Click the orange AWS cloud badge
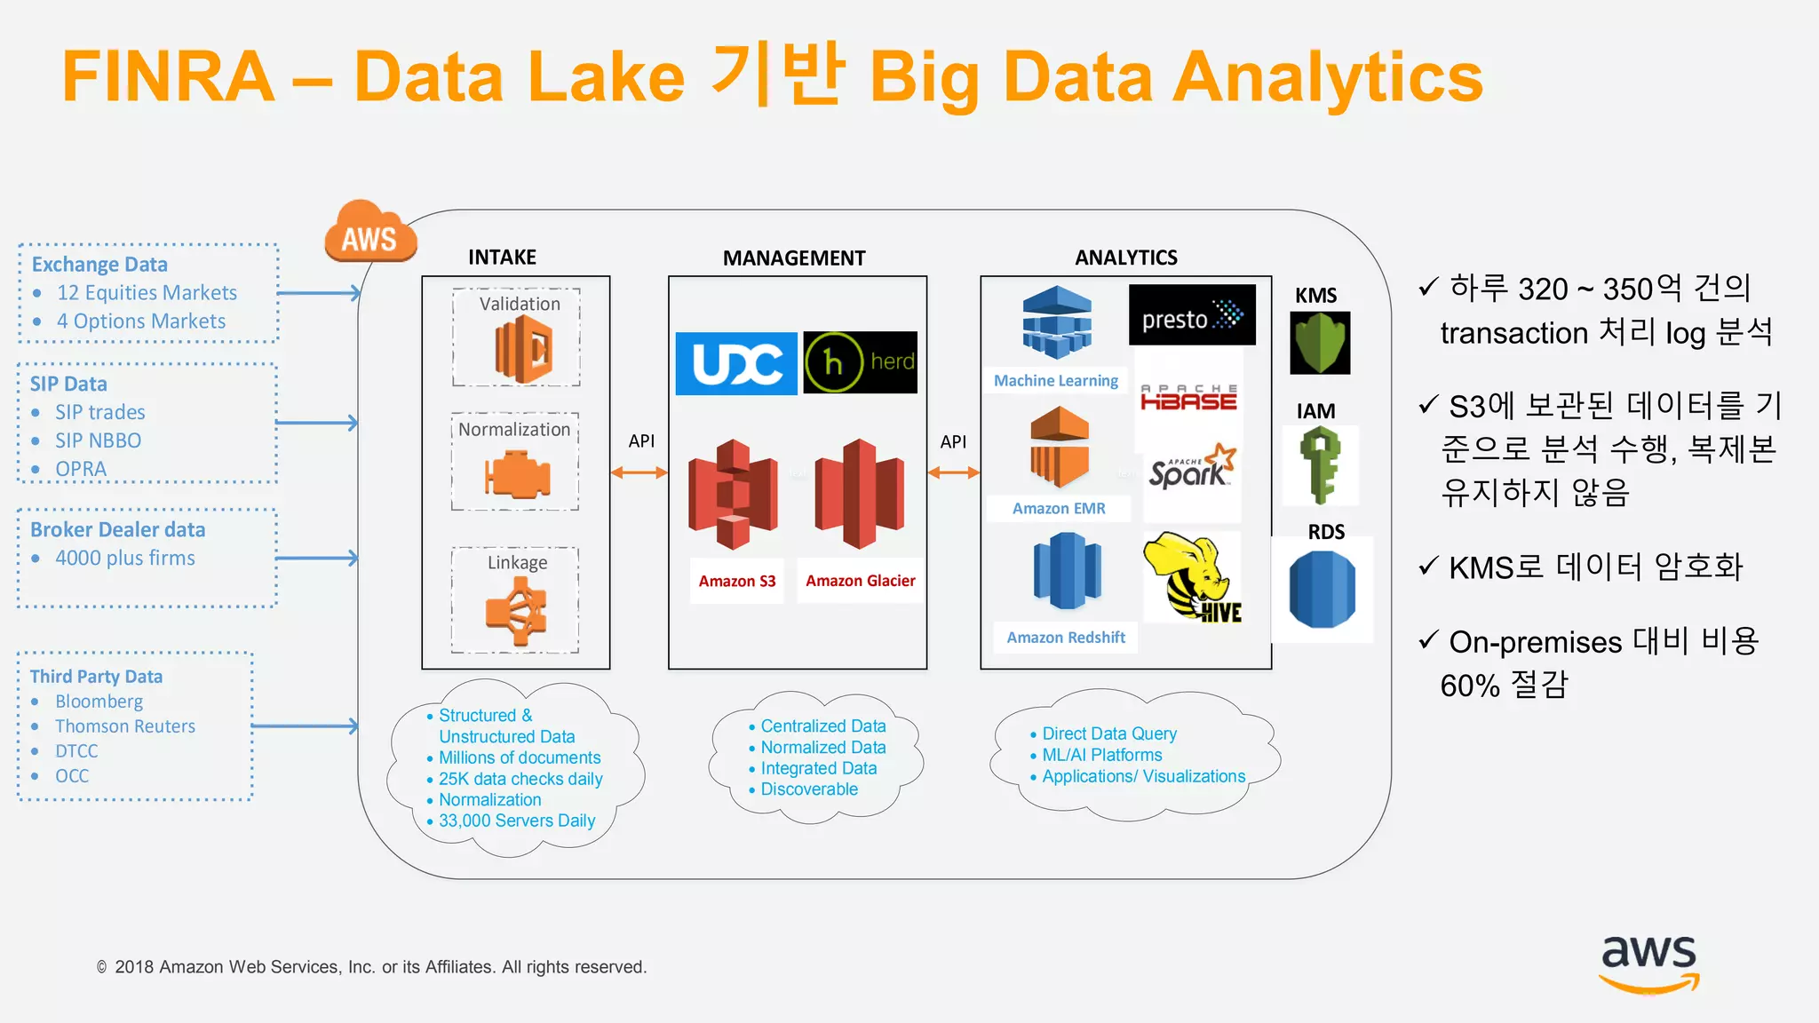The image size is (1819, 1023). tap(370, 233)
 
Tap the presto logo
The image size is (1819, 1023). tap(1192, 315)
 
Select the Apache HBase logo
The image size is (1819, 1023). tap(1188, 398)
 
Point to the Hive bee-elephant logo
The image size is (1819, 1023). tap(1191, 577)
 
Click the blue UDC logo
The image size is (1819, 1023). tap(736, 363)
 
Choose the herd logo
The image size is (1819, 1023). tap(860, 362)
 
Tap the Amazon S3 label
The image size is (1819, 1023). tap(736, 581)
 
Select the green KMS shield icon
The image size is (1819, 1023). tap(1320, 343)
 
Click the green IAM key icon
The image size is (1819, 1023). tap(1320, 464)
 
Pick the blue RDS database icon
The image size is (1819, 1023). tap(1322, 589)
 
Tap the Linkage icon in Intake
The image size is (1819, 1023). tap(516, 612)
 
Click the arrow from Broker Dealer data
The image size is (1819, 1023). tap(317, 559)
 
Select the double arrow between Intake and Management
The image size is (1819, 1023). tap(639, 473)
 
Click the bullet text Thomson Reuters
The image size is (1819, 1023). tap(125, 726)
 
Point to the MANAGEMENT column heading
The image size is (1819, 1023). tap(794, 258)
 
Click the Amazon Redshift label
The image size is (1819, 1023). tap(1065, 638)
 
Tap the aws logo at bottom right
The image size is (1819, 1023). tap(1648, 964)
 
